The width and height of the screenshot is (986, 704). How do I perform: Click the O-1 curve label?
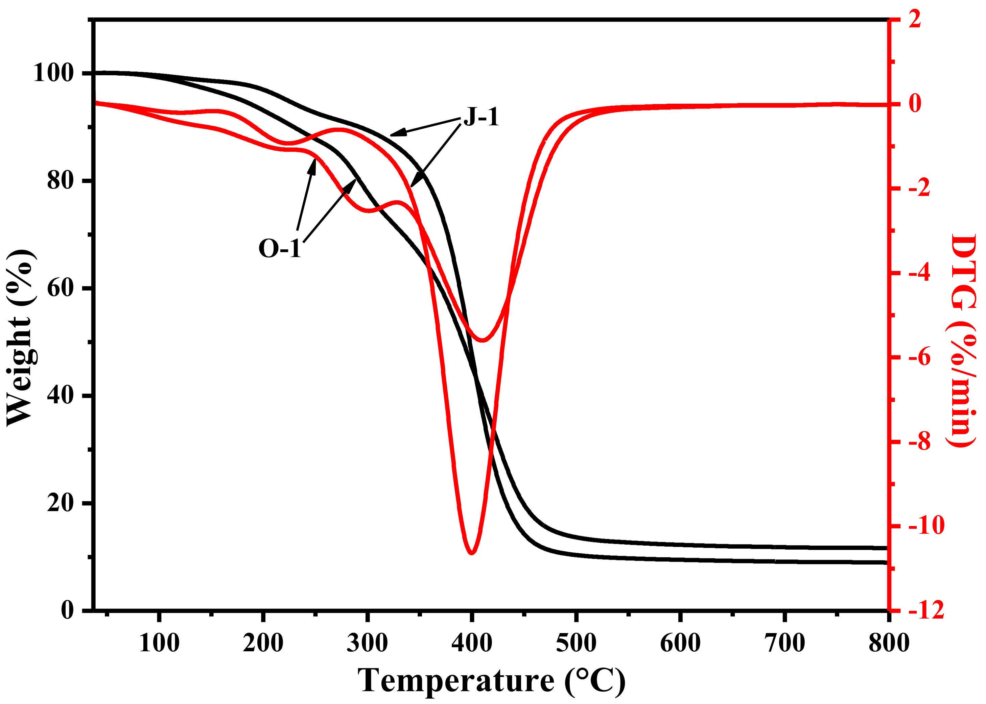[x=279, y=248]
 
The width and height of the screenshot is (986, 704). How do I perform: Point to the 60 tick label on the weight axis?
[x=61, y=288]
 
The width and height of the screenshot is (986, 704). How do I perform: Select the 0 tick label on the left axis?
[x=67, y=610]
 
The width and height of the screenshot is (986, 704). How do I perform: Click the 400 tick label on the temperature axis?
[x=471, y=643]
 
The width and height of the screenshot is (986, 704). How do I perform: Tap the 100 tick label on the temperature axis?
[x=159, y=643]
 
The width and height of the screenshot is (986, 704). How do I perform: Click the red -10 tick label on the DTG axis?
[x=924, y=525]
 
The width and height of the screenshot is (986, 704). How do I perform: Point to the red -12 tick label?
[x=924, y=610]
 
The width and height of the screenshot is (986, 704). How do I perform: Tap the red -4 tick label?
[x=919, y=272]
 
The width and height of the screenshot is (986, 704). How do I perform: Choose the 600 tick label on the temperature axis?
[x=680, y=643]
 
